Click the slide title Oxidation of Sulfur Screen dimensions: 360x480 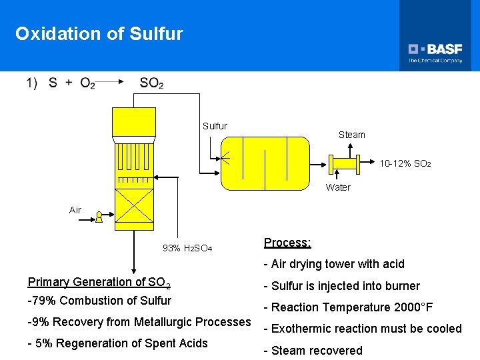(x=99, y=34)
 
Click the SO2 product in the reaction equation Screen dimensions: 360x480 (x=151, y=83)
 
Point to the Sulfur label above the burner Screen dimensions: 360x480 (x=215, y=126)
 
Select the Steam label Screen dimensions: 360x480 (x=351, y=135)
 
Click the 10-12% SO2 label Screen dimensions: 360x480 (x=405, y=163)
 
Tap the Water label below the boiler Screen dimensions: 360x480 (x=338, y=187)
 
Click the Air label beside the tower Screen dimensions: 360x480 (x=75, y=210)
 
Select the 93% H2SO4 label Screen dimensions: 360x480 (x=187, y=248)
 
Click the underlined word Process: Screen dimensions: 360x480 (x=287, y=243)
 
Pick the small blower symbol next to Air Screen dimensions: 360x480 (x=99, y=217)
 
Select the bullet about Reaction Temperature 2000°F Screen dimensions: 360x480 (x=348, y=307)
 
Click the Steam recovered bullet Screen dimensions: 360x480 (x=313, y=351)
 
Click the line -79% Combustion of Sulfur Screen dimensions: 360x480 (x=99, y=301)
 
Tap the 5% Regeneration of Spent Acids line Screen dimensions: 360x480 (x=118, y=343)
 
